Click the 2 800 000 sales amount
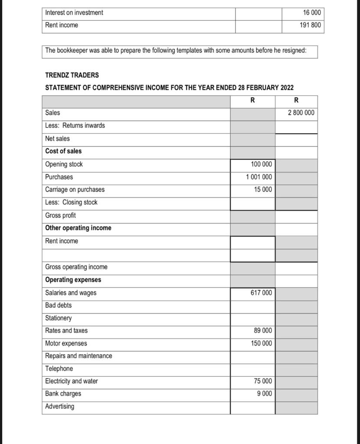301,113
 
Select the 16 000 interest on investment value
312,13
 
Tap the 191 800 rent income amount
310,25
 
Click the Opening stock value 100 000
262,164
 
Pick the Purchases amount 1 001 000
259,177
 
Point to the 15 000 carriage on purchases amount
263,189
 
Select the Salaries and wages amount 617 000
262,293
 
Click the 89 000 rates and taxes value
263,330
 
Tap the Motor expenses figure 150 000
262,343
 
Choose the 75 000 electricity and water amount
263,381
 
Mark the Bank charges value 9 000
265,394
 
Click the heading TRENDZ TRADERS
72,75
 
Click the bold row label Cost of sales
63,151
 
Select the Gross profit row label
60,215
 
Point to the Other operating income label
78,228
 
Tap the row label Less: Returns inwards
75,126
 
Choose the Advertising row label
59,406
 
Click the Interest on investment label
74,13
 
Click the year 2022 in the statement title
287,88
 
